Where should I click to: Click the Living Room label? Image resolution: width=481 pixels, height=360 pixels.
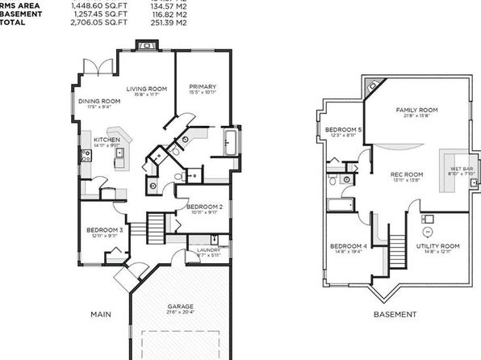coord(147,89)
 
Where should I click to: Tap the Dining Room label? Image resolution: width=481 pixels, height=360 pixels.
coord(96,101)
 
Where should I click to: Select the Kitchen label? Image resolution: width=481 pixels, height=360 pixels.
coord(107,140)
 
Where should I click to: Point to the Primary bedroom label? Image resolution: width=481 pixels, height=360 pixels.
coord(202,86)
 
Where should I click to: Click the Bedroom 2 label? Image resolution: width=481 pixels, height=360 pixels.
coord(204,207)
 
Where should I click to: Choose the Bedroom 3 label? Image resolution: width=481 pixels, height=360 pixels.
coord(105,230)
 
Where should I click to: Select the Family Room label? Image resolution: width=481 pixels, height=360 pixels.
coord(416,110)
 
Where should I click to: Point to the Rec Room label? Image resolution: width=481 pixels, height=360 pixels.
coord(407,174)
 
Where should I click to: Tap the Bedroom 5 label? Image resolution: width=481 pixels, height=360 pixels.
coord(343,130)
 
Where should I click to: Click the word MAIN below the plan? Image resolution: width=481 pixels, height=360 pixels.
coord(100,314)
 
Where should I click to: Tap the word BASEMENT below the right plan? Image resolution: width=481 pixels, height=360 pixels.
coord(395,314)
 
